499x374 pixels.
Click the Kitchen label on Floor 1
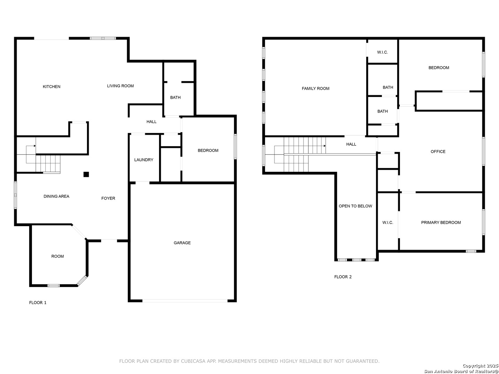(52, 87)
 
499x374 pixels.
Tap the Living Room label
(120, 86)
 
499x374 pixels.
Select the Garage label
(182, 243)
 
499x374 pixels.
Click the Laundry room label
(143, 160)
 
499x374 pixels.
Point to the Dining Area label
(56, 196)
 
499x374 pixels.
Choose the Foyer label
(108, 198)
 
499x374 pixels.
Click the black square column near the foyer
(86, 175)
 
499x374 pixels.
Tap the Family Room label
(315, 89)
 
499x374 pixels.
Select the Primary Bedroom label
(441, 223)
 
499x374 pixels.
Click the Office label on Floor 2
(438, 152)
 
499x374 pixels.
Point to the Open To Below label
(355, 206)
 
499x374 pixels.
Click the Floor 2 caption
(343, 277)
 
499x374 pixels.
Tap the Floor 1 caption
(38, 303)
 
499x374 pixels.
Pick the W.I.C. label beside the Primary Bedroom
(388, 223)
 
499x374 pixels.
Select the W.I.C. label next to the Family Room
(382, 52)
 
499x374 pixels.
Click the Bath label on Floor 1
(175, 98)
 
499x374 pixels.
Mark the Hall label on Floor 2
(351, 144)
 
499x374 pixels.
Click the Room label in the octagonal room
(58, 256)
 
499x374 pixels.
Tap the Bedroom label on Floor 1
(208, 151)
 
